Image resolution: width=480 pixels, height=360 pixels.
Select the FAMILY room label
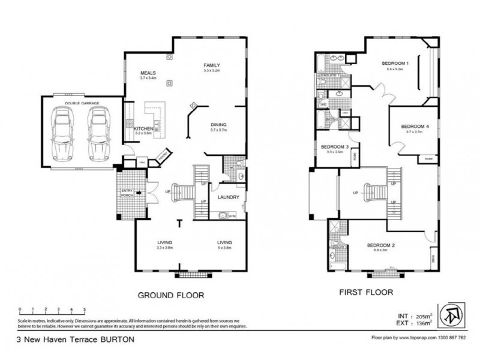click(x=212, y=65)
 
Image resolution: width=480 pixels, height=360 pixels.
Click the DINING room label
click(x=218, y=125)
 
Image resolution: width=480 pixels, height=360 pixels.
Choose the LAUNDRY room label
click(x=229, y=197)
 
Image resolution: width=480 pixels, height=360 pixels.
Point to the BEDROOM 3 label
click(x=335, y=147)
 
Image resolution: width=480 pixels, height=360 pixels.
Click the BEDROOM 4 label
click(x=415, y=126)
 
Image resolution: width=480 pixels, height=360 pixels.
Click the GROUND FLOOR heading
click(x=172, y=295)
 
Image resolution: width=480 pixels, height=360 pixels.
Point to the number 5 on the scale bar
click(x=85, y=309)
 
